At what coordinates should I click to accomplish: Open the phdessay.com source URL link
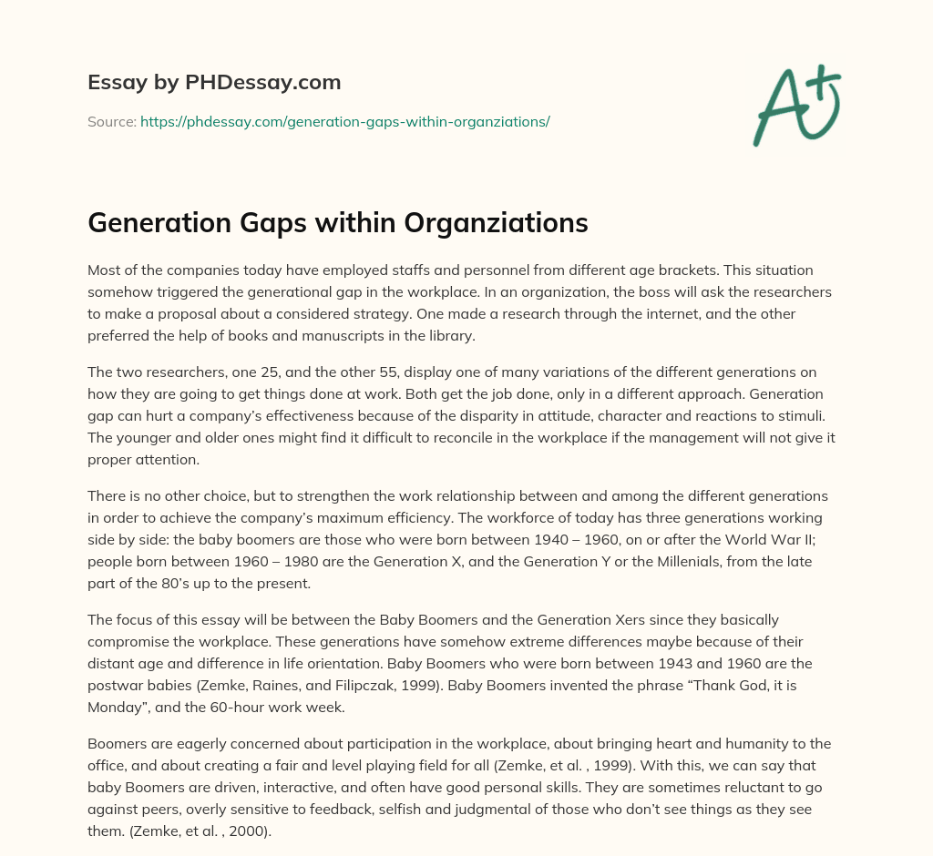coord(344,121)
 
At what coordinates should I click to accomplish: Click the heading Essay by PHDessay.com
coord(214,83)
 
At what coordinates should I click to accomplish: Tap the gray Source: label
coord(111,121)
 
